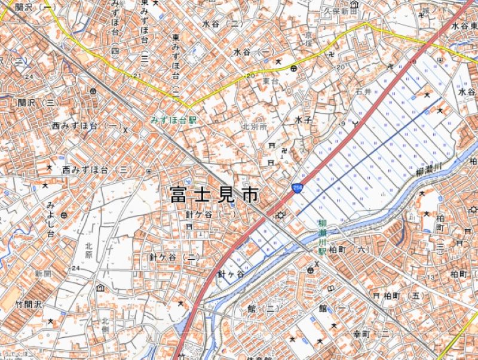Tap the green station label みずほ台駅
(173, 120)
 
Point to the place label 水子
(303, 120)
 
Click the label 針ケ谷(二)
(174, 257)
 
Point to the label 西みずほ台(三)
(96, 170)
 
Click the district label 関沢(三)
(36, 103)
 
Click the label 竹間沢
(30, 304)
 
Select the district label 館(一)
(333, 308)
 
